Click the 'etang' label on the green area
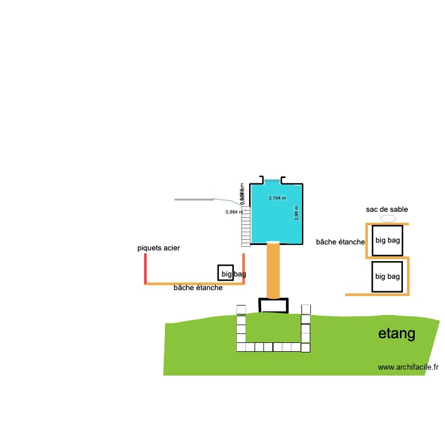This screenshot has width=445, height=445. pos(396,334)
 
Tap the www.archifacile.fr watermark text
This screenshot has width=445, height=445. pos(408,368)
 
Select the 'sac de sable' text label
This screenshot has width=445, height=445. pos(387,209)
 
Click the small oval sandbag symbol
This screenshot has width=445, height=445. pos(387,218)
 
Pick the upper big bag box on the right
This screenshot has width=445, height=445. pos(387,241)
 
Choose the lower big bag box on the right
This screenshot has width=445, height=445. pos(387,276)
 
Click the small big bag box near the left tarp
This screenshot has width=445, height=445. pos(225,272)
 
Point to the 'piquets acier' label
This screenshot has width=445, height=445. pos(158,247)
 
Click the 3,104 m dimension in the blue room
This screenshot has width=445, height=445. pos(277,198)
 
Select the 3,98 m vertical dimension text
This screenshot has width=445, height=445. pos(297,213)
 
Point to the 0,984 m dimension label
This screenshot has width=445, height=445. pos(234,212)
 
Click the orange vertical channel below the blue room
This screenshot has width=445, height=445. pos(273,271)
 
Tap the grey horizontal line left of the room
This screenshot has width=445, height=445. pos(194,199)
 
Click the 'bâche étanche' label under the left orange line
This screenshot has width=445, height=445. pos(198,288)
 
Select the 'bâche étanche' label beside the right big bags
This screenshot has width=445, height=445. pos(340,242)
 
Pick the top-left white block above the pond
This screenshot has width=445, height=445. pos(241,309)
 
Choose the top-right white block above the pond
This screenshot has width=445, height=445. pos(306,309)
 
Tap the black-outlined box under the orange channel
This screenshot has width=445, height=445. pos(274,306)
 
